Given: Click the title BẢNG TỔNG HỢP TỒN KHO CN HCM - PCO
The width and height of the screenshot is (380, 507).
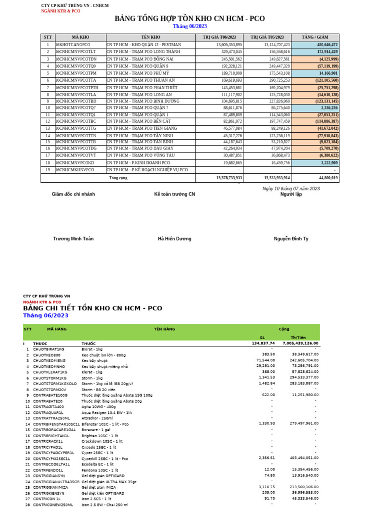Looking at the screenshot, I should pos(190,19).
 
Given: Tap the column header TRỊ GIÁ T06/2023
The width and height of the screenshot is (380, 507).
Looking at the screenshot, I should pos(219,37).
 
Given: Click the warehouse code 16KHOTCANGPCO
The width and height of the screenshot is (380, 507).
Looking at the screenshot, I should pos(73,45).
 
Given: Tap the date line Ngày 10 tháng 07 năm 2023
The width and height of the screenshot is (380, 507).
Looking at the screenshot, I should pos(291,189).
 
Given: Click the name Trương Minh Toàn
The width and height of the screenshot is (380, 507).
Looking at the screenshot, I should pos(73,239).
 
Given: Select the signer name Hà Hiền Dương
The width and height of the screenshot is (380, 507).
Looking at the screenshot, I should pos(175,239).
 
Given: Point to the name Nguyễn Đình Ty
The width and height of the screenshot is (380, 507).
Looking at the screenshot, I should pos(291,239).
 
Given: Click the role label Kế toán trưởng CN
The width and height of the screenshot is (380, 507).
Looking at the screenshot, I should pos(175,194).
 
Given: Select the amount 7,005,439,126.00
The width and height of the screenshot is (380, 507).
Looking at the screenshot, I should pos(300,343).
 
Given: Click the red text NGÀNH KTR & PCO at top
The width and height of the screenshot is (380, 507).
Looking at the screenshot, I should pos(60,10).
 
